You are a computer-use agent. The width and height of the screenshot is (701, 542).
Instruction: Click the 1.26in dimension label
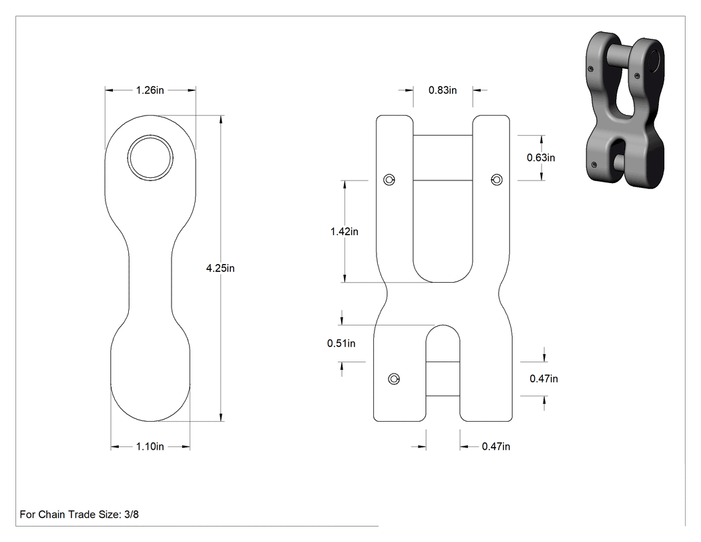click(x=150, y=90)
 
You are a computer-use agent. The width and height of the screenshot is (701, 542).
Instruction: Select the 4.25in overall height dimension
click(x=220, y=268)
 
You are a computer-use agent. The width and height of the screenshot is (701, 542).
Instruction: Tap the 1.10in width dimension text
click(x=150, y=446)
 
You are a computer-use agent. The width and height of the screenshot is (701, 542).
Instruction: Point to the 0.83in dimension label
click(x=443, y=90)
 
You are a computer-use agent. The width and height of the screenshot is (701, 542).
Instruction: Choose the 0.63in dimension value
click(x=541, y=158)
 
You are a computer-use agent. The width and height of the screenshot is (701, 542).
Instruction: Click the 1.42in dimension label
click(x=344, y=231)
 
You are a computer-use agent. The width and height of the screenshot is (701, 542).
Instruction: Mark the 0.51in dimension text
click(x=341, y=344)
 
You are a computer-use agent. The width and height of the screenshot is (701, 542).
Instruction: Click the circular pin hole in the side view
click(x=150, y=158)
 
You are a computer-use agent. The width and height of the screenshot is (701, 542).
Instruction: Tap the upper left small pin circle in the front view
click(x=389, y=180)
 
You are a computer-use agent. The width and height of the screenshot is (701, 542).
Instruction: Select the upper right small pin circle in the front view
click(x=497, y=180)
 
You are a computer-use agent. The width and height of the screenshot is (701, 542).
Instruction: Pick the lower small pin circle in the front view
click(x=394, y=379)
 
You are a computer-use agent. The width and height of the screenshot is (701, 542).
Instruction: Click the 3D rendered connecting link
click(x=625, y=110)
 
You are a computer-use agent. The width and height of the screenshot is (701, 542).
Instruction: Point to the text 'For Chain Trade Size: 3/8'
click(x=79, y=515)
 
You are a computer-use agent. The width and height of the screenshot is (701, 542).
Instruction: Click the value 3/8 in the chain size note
click(x=132, y=515)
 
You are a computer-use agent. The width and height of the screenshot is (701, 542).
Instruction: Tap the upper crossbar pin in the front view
click(x=443, y=158)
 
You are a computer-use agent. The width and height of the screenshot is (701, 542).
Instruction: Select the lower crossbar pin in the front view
click(x=443, y=379)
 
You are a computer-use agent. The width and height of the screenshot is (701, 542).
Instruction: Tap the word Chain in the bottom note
click(x=51, y=515)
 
